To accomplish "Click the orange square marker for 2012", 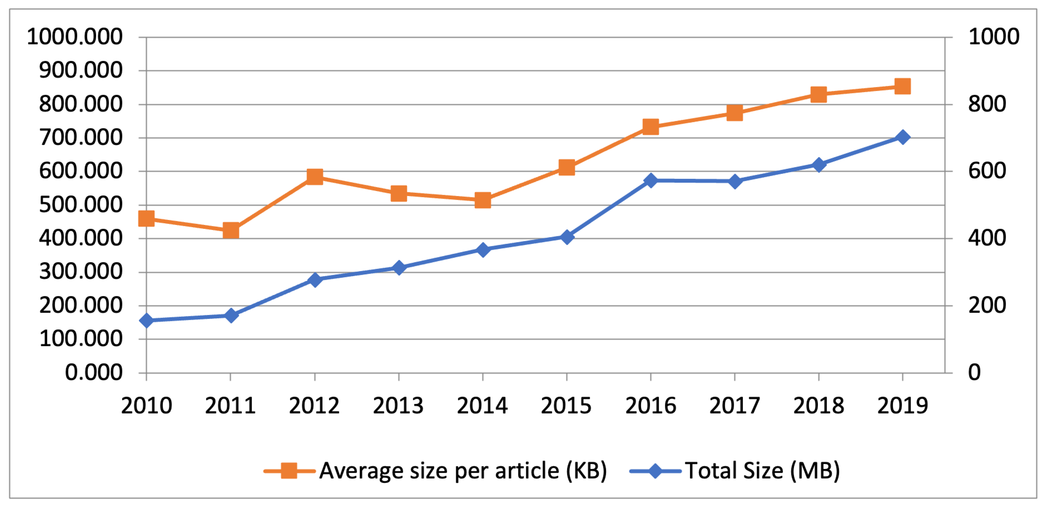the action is coord(315,177).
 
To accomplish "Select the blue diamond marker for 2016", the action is coord(651,180).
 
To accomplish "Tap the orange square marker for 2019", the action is coord(903,86).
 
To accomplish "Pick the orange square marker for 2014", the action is coord(482,200).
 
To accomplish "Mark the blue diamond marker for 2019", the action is coord(903,137).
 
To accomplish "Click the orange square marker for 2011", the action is coord(231,230).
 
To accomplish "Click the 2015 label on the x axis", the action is coord(566,406).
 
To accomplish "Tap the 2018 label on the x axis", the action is coord(819,406).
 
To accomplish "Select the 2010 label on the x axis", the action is coord(146,406).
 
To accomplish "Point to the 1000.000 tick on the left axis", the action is coord(75,37).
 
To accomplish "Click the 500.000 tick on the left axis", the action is coord(80,205).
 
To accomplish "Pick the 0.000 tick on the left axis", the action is coord(93,372).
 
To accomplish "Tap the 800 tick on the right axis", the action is coord(987,104).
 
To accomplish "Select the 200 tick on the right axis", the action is coord(987,305).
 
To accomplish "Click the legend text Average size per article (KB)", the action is coord(463,471).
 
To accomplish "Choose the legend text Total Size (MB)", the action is coord(762,471).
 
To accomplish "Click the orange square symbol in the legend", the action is coord(289,471).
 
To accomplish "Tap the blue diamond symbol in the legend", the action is coord(655,471).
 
